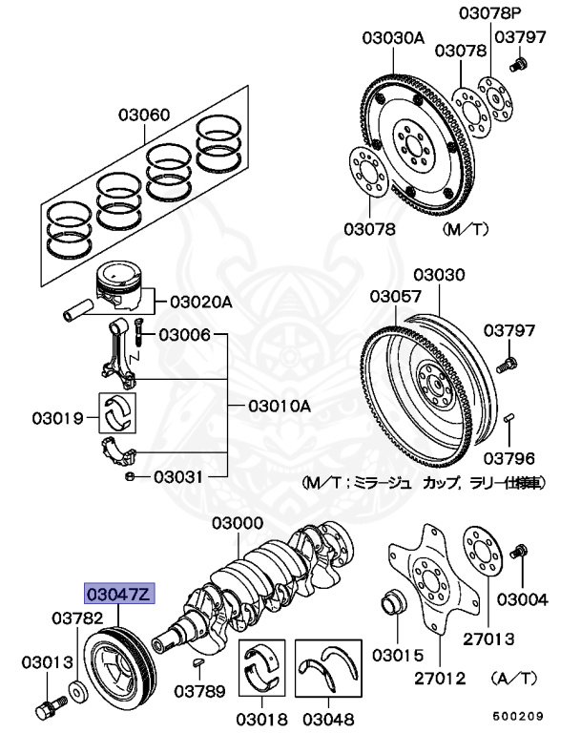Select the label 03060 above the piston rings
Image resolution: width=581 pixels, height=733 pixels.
[145, 116]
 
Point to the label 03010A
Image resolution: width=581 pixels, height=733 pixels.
[280, 406]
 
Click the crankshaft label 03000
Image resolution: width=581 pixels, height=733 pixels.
[238, 524]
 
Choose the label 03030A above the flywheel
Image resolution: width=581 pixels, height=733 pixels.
[392, 38]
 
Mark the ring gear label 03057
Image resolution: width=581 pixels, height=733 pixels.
[396, 296]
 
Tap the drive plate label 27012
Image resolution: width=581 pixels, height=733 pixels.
[440, 679]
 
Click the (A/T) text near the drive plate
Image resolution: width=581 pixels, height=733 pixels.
[514, 679]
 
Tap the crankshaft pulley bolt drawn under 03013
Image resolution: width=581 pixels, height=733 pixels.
[48, 711]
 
